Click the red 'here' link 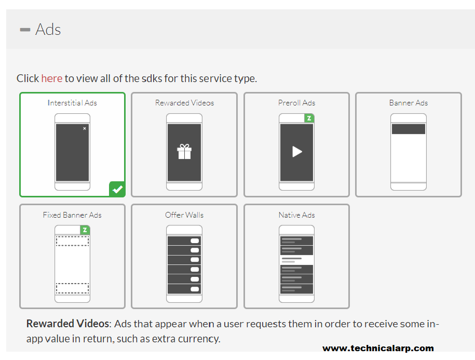point(52,78)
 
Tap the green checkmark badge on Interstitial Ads point(117,189)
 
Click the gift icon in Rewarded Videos point(184,152)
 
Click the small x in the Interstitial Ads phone point(85,128)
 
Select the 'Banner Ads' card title point(409,103)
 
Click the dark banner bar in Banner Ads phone point(409,129)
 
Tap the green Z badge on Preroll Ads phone point(309,118)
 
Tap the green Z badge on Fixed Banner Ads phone point(85,230)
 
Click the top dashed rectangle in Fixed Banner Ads point(72,241)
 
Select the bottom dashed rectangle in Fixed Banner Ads point(72,288)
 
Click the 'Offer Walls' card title point(184,215)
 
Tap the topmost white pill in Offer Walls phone point(195,241)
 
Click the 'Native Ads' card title point(296,215)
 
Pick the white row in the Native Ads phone point(296,260)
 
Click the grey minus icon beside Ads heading point(25,30)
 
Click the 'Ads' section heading point(48,30)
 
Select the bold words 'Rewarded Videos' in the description point(67,324)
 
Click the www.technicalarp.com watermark point(378,348)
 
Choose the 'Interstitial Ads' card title point(72,103)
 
